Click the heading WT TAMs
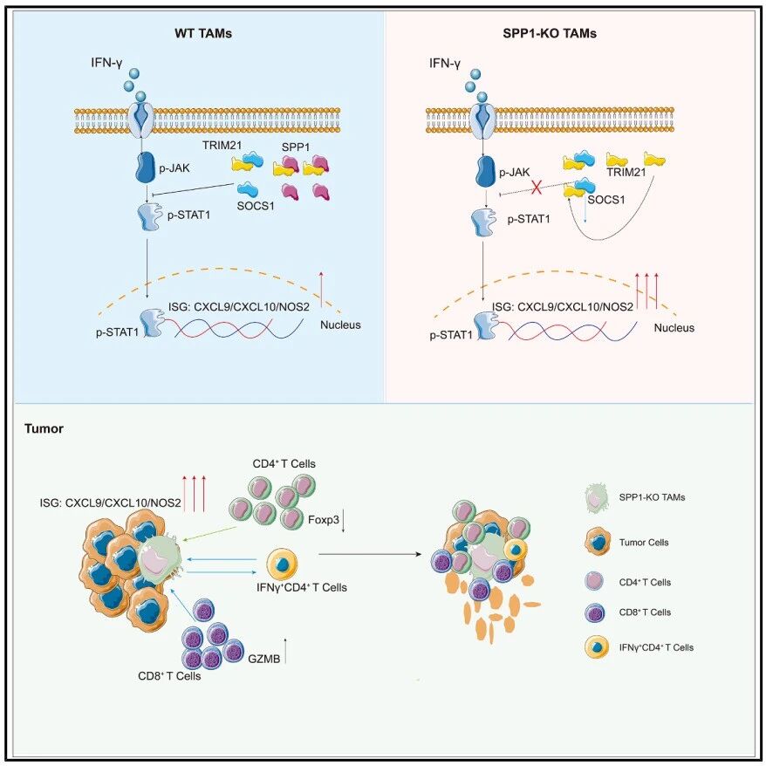pyautogui.click(x=203, y=33)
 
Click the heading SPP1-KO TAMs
pyautogui.click(x=550, y=33)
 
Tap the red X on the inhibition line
pyautogui.click(x=537, y=187)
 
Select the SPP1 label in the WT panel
pyautogui.click(x=296, y=147)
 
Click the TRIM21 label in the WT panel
pyautogui.click(x=222, y=145)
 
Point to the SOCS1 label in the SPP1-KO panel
pyautogui.click(x=605, y=199)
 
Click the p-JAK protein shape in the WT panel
pyautogui.click(x=145, y=168)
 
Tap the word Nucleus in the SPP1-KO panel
pyautogui.click(x=674, y=328)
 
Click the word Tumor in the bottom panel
pyautogui.click(x=44, y=429)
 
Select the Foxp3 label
pyautogui.click(x=324, y=519)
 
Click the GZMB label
pyautogui.click(x=263, y=659)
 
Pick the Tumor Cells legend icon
pyautogui.click(x=598, y=541)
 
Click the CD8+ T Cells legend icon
pyautogui.click(x=594, y=612)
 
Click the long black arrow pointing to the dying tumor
pyautogui.click(x=370, y=555)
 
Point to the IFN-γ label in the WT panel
pyautogui.click(x=106, y=63)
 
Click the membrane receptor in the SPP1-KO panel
pyautogui.click(x=482, y=120)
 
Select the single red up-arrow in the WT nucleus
pyautogui.click(x=321, y=289)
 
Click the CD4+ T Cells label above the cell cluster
pyautogui.click(x=284, y=463)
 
